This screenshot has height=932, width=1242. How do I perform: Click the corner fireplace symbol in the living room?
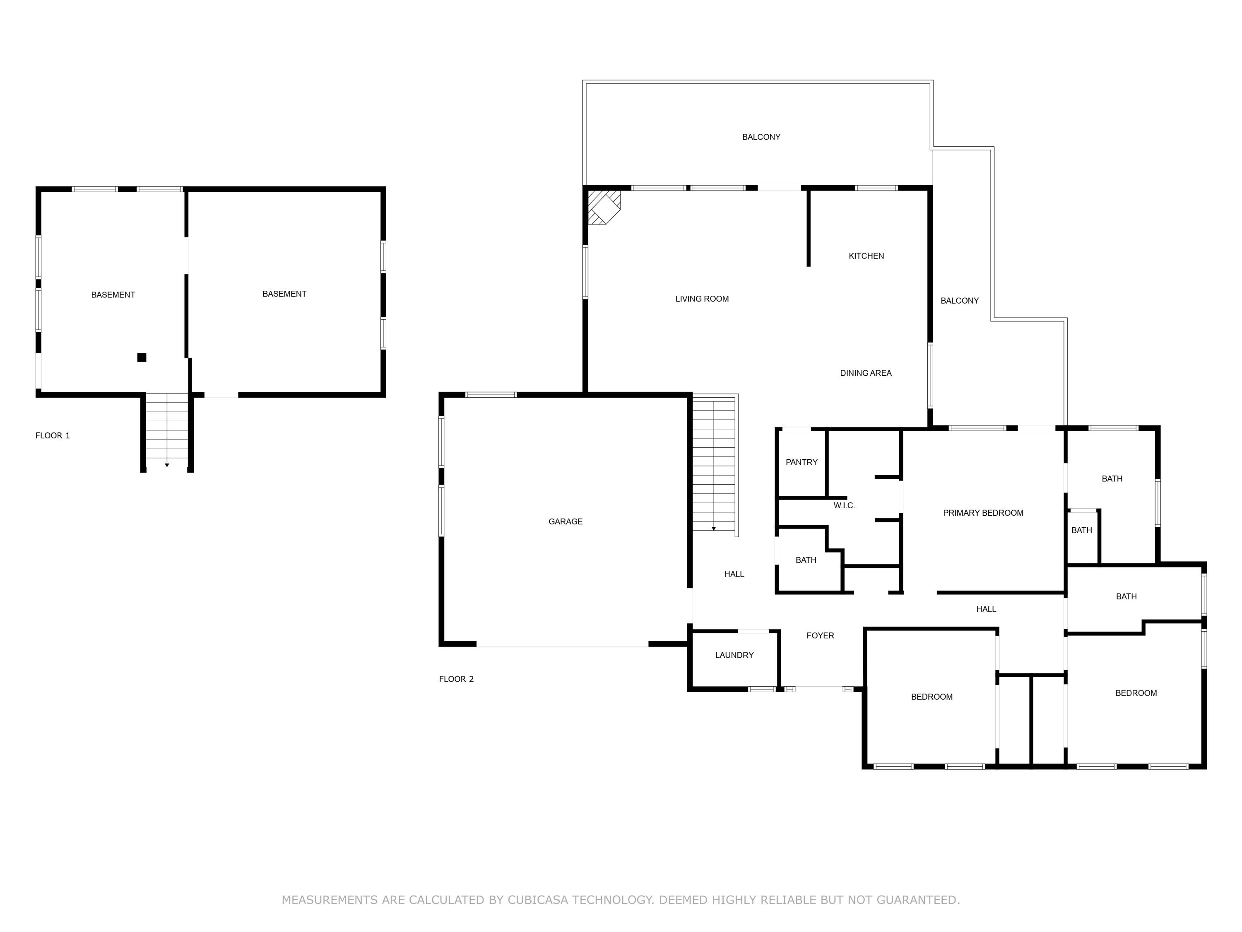(604, 207)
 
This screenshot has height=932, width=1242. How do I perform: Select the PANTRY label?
(801, 462)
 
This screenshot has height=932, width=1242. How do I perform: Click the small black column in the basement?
(142, 357)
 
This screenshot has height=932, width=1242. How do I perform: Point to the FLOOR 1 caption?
(53, 435)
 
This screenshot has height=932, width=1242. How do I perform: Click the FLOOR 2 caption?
(456, 678)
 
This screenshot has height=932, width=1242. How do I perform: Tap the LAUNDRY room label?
(734, 655)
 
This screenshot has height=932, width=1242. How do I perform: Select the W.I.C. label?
(844, 505)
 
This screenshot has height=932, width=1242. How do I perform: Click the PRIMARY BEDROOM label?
(982, 512)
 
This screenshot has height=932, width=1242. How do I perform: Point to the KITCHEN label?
(866, 256)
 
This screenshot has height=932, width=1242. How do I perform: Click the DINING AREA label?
(865, 373)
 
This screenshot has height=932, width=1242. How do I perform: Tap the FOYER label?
(820, 635)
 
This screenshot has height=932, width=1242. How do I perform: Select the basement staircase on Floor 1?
(167, 430)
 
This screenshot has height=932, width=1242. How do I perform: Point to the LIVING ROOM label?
(702, 299)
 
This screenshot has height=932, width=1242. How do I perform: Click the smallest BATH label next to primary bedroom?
(1081, 530)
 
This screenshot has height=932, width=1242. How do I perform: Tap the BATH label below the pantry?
(806, 560)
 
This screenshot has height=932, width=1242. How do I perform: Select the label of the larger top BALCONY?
(761, 137)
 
